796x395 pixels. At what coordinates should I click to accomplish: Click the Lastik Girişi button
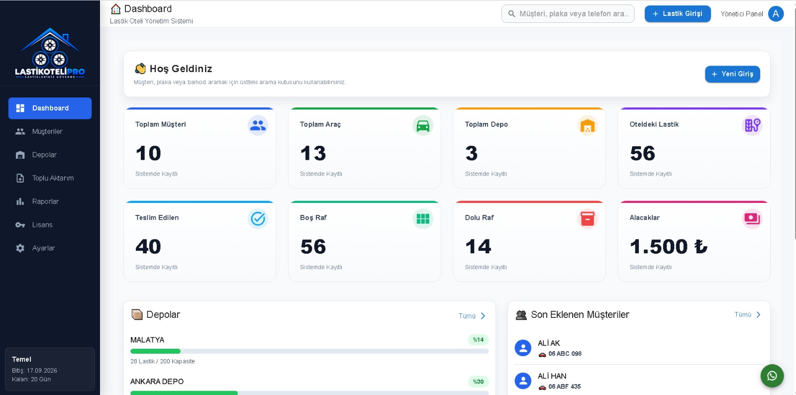678,13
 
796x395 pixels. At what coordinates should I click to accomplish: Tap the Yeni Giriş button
732,74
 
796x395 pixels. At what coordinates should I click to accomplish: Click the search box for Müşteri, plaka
568,13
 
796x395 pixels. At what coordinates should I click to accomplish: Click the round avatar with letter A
776,14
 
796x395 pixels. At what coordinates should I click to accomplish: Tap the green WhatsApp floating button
772,376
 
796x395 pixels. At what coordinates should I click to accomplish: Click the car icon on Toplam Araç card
422,125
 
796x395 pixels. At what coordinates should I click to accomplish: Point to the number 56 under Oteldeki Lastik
642,153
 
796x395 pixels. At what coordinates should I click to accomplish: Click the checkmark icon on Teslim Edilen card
258,219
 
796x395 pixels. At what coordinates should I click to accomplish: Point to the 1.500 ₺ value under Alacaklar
669,247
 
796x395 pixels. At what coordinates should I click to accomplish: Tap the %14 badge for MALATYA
478,340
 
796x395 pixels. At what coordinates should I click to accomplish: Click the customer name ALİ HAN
552,376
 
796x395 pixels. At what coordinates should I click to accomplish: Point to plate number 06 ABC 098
565,354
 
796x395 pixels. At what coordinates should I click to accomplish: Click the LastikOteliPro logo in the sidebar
50,53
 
